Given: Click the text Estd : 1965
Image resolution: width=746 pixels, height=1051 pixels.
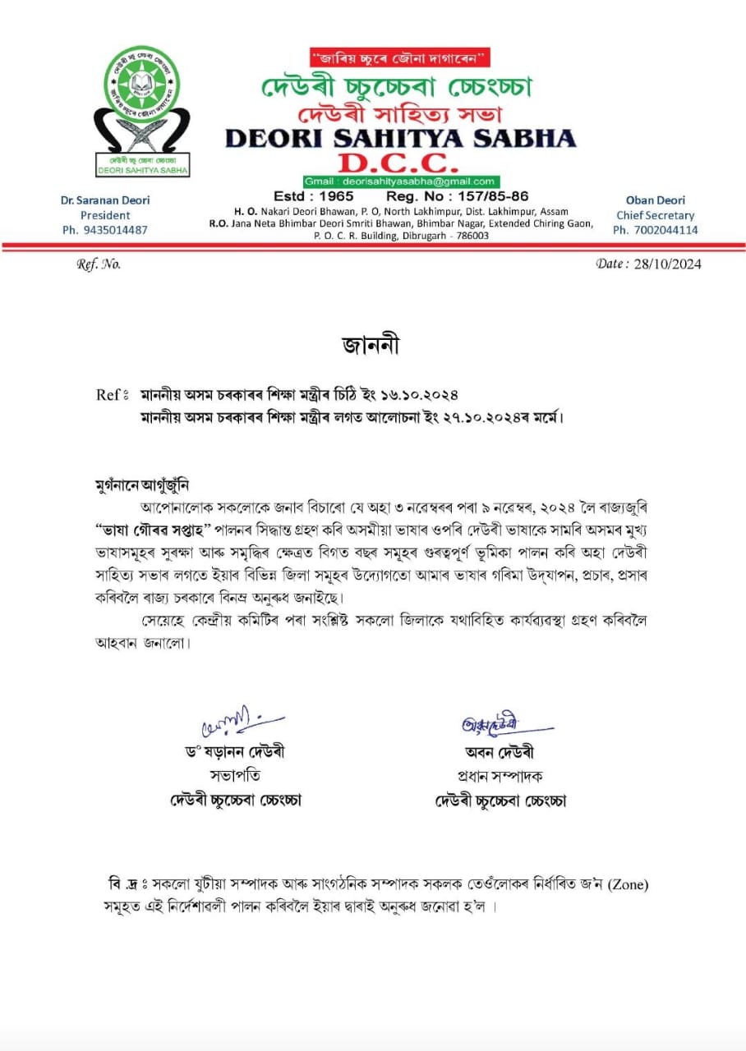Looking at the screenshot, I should (315, 196).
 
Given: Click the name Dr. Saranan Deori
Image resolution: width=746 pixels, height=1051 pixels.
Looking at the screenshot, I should (105, 200).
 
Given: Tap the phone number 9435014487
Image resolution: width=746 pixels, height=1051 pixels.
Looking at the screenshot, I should (105, 230).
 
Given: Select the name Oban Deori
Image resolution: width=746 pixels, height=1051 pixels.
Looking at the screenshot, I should (655, 200).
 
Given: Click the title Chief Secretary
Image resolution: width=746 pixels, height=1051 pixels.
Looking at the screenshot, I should (655, 215).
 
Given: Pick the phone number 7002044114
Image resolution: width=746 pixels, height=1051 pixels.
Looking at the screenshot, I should (655, 230).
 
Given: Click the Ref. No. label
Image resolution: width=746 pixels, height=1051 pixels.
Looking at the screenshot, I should (99, 264).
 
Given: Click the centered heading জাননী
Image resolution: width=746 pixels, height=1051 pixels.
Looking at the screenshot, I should (371, 346).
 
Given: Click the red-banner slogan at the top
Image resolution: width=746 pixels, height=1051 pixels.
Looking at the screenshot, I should (400, 57).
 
